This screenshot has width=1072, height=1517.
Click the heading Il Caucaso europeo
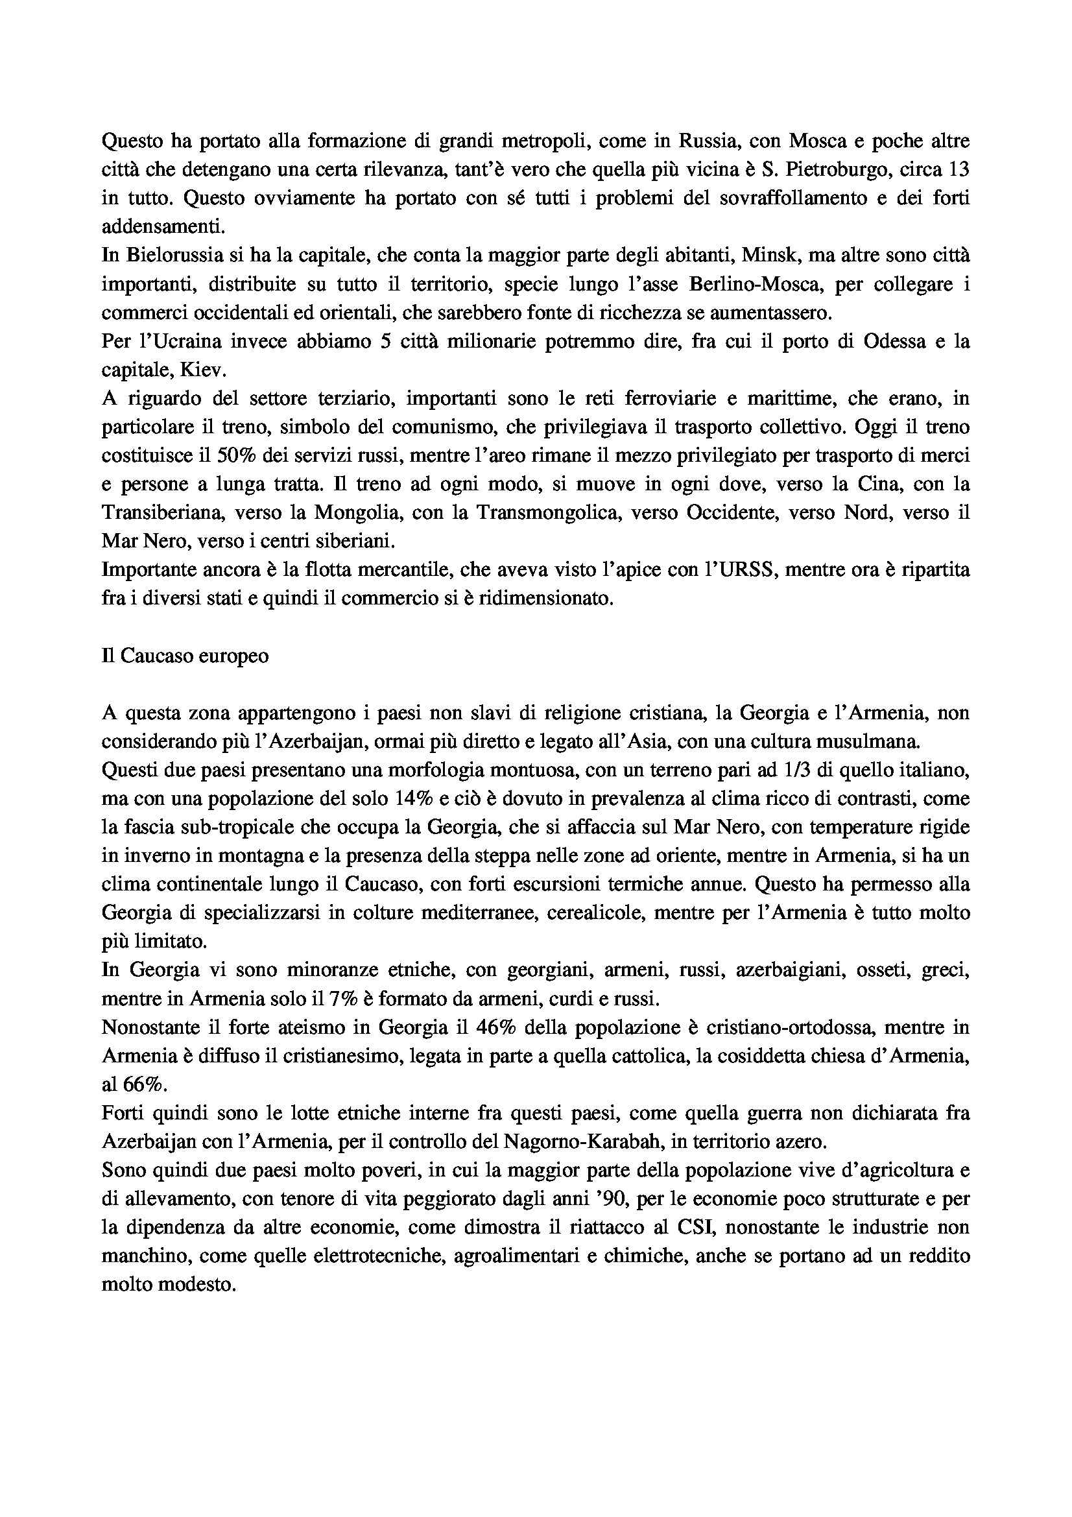click(185, 658)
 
